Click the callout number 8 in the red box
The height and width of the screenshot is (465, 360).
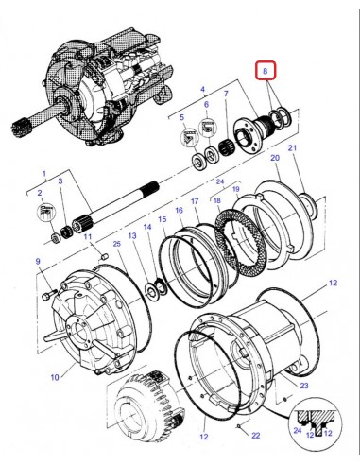coord(266,72)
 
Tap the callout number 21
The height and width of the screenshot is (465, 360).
coord(292,149)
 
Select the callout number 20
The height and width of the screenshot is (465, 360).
coord(275,159)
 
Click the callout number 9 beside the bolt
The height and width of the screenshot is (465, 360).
coord(37,261)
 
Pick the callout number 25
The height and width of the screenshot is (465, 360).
coord(115,245)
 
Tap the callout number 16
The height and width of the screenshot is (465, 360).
coord(178,209)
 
